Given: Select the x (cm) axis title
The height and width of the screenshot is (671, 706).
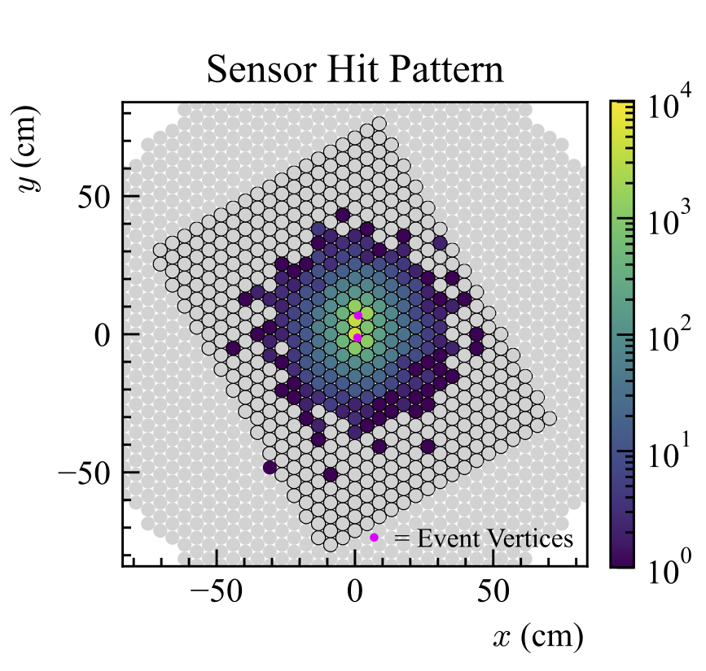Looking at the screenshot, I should [x=537, y=637].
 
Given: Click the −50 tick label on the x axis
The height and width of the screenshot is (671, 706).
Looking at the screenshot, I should [x=217, y=592].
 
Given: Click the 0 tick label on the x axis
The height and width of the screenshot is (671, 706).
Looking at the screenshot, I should [x=355, y=592].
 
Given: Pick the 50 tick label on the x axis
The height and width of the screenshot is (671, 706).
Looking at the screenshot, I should [x=493, y=592].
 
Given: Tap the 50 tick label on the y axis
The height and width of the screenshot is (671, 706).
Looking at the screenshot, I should [x=95, y=197].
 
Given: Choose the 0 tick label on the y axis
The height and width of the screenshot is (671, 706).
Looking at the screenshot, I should [x=104, y=334].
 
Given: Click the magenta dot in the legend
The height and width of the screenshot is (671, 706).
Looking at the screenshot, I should [x=374, y=538].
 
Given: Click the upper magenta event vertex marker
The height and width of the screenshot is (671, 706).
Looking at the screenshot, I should [x=357, y=316].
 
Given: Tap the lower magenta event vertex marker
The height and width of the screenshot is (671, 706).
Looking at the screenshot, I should [x=357, y=338].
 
